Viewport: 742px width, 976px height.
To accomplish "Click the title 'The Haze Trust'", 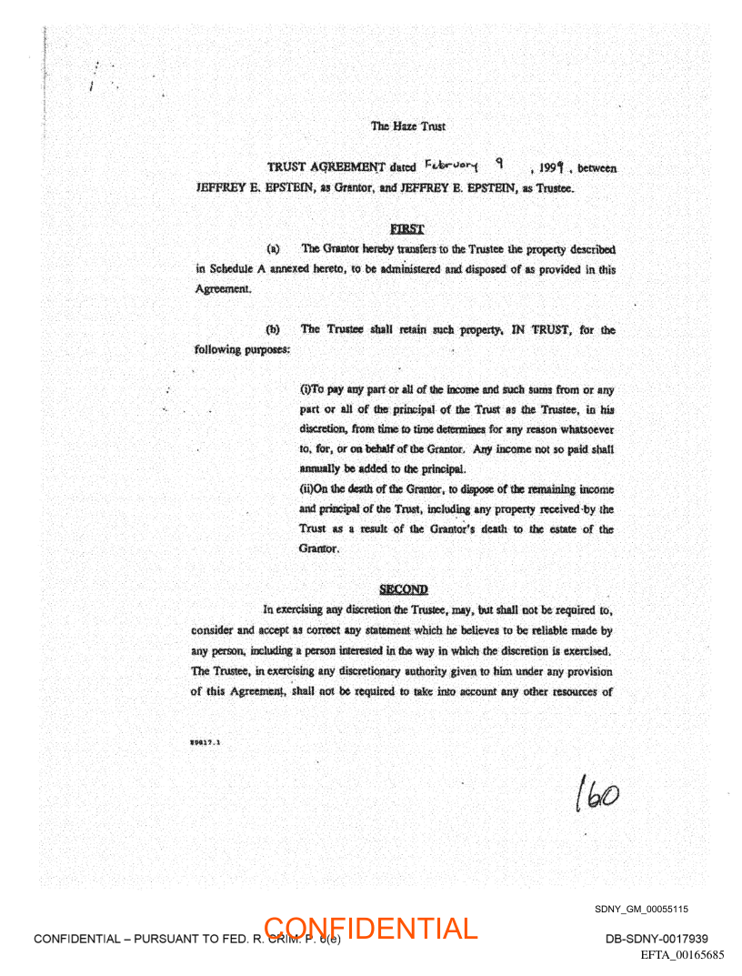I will click(407, 126).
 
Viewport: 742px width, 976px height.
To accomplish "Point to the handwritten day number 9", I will click(498, 165).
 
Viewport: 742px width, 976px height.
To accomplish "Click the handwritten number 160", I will click(597, 798).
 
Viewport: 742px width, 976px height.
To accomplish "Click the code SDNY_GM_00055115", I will click(641, 909).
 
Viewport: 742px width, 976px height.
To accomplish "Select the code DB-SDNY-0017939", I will click(657, 939).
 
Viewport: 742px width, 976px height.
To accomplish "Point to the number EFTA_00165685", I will click(682, 955).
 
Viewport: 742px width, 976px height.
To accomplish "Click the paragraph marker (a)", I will click(272, 248).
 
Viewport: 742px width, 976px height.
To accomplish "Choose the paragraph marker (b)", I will click(272, 329).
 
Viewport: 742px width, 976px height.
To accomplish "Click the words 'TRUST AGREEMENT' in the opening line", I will click(326, 167).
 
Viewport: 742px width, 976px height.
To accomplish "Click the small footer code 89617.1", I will click(207, 741).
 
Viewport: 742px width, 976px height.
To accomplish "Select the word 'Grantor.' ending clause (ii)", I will click(319, 549).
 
